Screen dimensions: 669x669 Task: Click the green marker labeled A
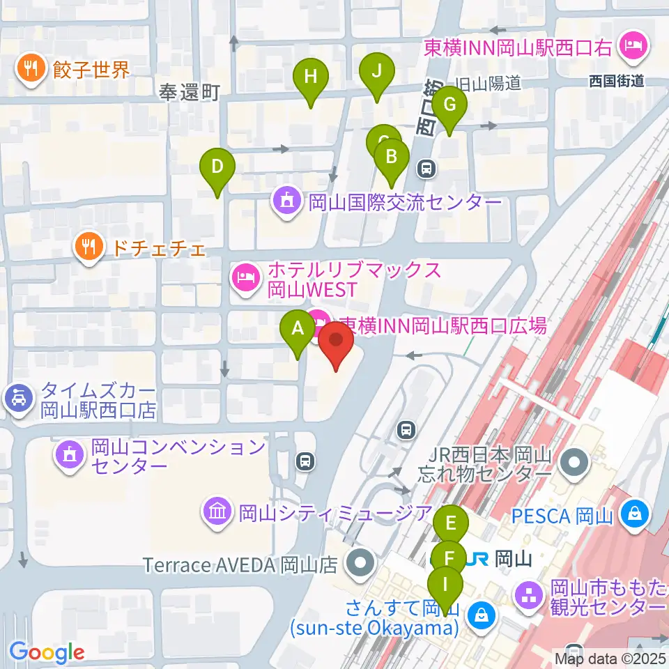point(298,328)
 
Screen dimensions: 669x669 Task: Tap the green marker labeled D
point(217,168)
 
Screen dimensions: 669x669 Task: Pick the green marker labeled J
point(377,71)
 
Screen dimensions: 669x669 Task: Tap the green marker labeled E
point(451,523)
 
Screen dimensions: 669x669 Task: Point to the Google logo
point(47,652)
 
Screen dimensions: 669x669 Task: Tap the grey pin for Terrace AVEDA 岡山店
point(360,562)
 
